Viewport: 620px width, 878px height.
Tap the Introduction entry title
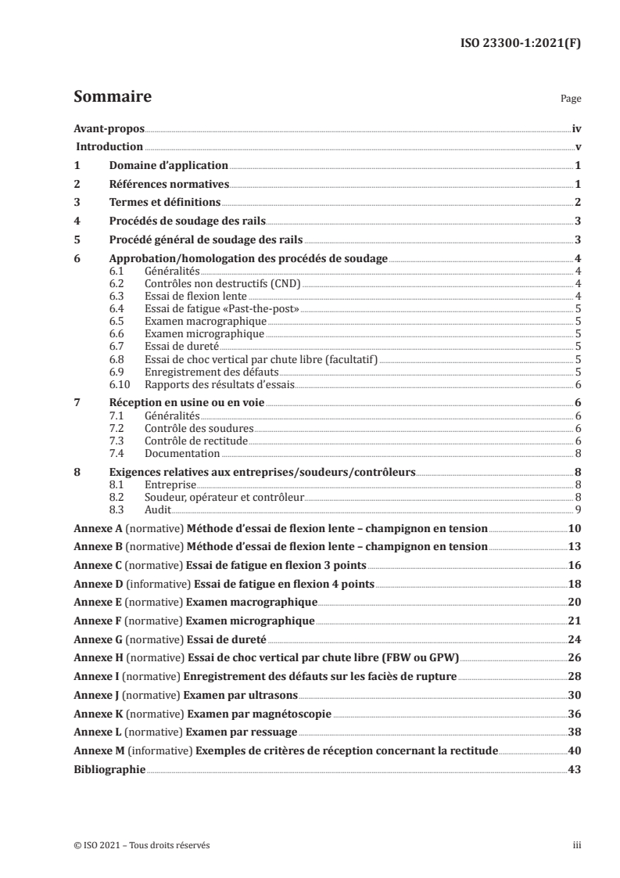tap(109, 146)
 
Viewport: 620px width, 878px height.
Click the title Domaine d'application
tap(168, 166)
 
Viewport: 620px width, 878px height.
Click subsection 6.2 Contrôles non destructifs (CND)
tap(211, 282)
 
